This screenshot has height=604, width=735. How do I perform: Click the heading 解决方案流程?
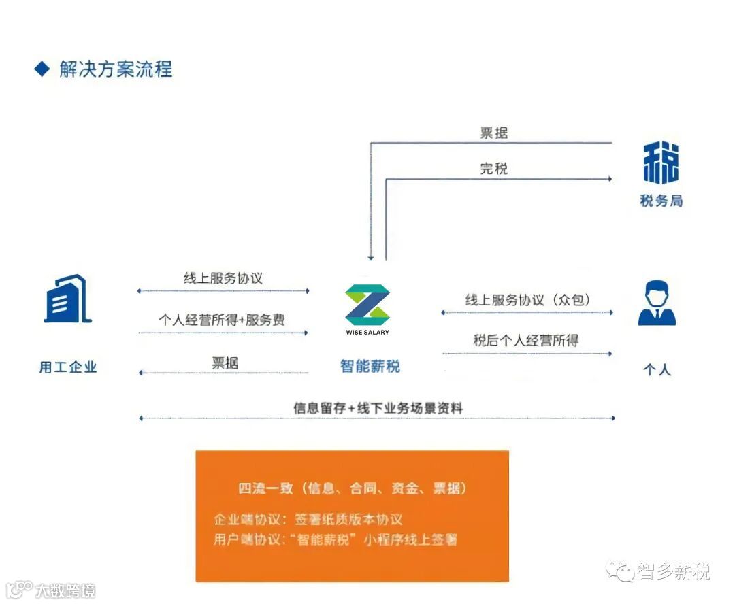click(116, 69)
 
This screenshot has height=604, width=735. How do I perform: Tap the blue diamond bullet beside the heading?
click(42, 69)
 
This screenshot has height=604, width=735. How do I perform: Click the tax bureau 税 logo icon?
click(660, 163)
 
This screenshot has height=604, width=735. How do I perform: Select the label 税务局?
click(661, 201)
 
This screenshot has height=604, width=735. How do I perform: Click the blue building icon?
click(67, 299)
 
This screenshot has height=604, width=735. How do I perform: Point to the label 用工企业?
click(68, 367)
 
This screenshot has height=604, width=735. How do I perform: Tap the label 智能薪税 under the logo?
click(370, 367)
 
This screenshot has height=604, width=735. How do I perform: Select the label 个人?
click(657, 370)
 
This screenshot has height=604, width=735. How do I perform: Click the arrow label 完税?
click(494, 169)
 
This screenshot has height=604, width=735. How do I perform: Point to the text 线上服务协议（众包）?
click(527, 300)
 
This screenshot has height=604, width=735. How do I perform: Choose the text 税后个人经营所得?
click(526, 341)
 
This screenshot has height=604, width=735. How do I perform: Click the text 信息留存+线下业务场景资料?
click(378, 408)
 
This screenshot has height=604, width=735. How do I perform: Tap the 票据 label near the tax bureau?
click(494, 133)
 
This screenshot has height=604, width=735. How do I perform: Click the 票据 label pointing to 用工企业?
click(225, 363)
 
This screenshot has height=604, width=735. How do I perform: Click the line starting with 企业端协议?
click(308, 520)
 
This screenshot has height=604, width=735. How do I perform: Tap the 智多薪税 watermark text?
click(674, 571)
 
